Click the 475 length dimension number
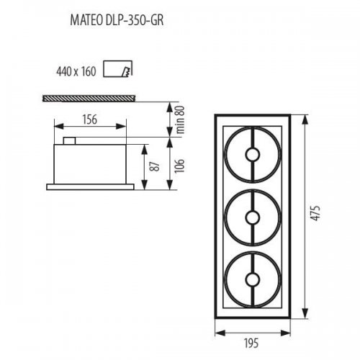pyautogui.click(x=315, y=213)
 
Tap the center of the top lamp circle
pyautogui.click(x=253, y=153)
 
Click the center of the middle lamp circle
pyautogui.click(x=253, y=216)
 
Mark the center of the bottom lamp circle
pyautogui.click(x=253, y=278)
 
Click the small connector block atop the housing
pyautogui.click(x=70, y=140)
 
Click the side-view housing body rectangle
pyautogui.click(x=95, y=164)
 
